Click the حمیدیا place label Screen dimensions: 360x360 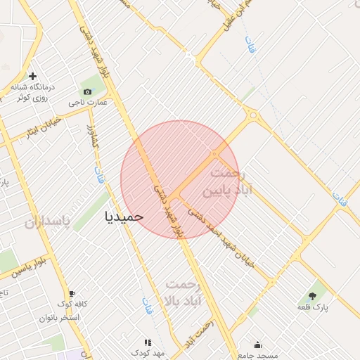(x=124, y=217)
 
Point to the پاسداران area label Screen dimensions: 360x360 (x=48, y=223)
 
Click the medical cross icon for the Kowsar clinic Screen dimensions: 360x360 (x=32, y=76)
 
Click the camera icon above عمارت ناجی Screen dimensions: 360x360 (x=87, y=91)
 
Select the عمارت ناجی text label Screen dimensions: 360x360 (x=88, y=103)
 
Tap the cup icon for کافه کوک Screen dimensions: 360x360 (x=71, y=293)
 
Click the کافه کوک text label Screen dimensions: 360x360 (x=72, y=304)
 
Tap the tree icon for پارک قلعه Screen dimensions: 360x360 (x=312, y=295)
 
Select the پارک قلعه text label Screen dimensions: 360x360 (x=312, y=307)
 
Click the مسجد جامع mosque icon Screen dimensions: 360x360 (x=258, y=345)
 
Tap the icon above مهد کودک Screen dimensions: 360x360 (x=148, y=342)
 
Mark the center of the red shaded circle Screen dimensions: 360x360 (x=180, y=179)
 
